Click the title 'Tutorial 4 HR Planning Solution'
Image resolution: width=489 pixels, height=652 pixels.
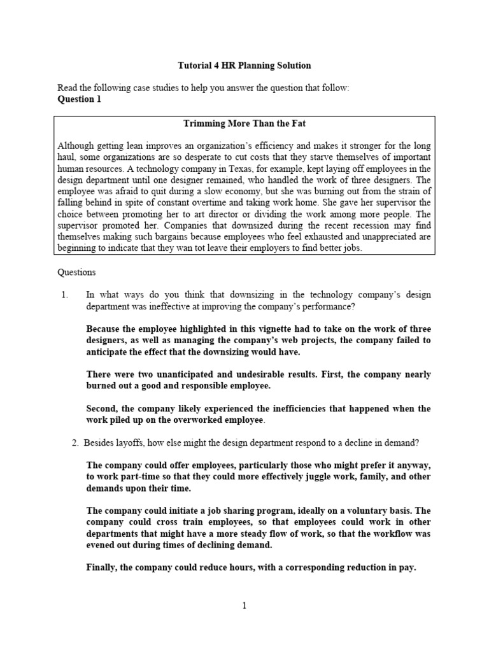pyautogui.click(x=244, y=66)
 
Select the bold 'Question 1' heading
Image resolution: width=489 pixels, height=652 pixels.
pyautogui.click(x=79, y=99)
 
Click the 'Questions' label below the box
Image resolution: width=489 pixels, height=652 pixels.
pyautogui.click(x=76, y=272)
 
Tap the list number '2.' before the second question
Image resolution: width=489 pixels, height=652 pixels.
pyautogui.click(x=75, y=443)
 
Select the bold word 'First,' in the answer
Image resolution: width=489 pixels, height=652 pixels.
pyautogui.click(x=337, y=374)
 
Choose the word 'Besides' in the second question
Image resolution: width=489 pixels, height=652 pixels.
pyautogui.click(x=100, y=443)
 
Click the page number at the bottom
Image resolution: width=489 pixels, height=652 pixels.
pyautogui.click(x=244, y=606)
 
